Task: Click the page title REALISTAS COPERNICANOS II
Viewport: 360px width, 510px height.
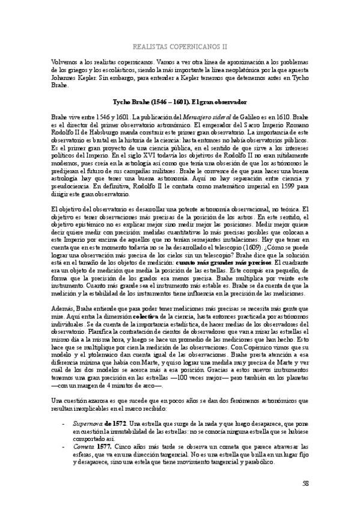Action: coord(180,44)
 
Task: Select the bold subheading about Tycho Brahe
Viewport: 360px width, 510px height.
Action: coord(180,102)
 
